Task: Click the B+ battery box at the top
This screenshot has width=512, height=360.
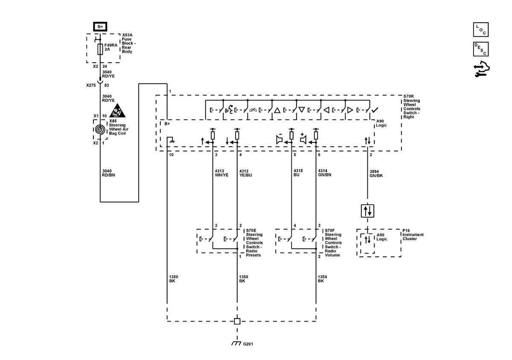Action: click(100, 26)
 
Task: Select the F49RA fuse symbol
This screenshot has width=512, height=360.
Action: click(100, 49)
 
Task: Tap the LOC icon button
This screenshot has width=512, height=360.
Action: click(481, 29)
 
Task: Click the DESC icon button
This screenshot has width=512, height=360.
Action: click(481, 49)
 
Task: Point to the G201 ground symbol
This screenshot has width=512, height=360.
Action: click(236, 343)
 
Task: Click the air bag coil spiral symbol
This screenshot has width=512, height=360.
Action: click(100, 129)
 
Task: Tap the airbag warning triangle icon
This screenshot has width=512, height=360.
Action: click(117, 110)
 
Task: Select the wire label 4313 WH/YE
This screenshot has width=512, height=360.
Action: click(221, 173)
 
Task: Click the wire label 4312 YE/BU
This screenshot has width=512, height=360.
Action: click(245, 173)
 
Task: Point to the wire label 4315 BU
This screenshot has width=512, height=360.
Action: click(298, 173)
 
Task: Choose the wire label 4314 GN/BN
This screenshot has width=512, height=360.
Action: click(325, 173)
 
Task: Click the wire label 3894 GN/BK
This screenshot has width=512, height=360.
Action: click(376, 174)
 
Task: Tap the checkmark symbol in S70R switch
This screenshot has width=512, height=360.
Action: click(375, 110)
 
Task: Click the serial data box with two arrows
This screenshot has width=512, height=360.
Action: click(367, 211)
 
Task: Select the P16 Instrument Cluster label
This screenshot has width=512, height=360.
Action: click(413, 235)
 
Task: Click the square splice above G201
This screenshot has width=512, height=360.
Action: click(237, 321)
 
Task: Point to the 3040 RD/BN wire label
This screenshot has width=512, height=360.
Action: click(108, 173)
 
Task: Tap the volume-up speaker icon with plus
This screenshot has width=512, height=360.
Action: click(303, 138)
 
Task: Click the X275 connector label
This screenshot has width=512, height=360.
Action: click(91, 85)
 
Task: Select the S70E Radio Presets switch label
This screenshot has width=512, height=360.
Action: click(254, 243)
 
